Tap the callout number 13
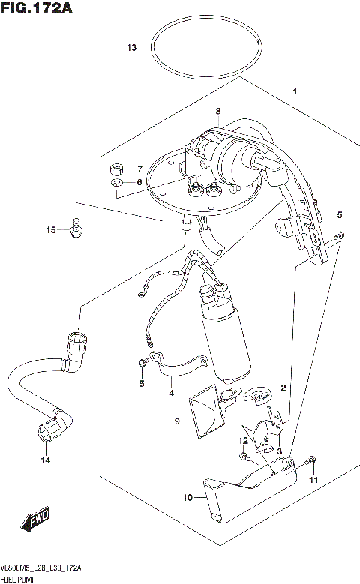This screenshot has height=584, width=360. [131, 49]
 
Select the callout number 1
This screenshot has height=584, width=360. [295, 92]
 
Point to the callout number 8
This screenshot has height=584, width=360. [218, 112]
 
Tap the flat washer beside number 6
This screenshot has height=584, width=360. [117, 182]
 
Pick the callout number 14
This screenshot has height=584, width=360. [45, 460]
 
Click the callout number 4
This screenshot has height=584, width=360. [171, 391]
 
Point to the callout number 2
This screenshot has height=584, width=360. [283, 388]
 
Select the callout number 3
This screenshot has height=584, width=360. [278, 451]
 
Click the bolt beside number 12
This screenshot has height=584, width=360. [244, 455]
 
